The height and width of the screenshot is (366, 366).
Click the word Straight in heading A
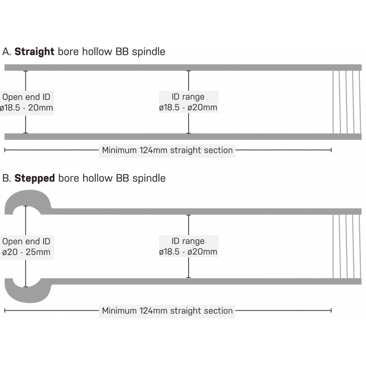34,51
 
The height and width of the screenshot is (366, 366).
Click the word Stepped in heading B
34,178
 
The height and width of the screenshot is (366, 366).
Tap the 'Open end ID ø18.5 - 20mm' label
26,102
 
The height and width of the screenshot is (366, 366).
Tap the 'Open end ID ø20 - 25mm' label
26,247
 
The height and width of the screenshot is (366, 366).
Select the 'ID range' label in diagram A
188,102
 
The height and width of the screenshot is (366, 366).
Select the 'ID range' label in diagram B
188,247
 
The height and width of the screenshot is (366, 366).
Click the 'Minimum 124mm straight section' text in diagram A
167,150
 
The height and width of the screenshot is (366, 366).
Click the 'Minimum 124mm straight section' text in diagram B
167,311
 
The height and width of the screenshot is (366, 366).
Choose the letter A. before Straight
7,51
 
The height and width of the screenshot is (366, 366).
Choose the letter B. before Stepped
7,178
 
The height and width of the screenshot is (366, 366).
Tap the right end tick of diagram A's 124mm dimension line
331,150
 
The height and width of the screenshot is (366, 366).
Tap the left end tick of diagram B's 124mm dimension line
5,311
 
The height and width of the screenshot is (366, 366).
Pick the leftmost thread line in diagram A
334,102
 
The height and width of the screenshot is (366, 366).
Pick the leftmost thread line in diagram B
334,246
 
